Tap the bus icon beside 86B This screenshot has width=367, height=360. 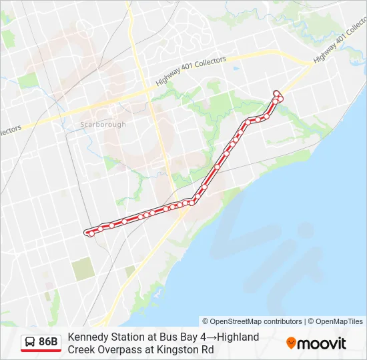(30, 342)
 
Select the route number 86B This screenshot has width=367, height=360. (49, 342)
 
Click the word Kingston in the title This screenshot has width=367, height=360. (179, 349)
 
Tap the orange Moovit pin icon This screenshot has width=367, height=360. (291, 343)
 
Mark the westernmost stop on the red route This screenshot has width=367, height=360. (87, 232)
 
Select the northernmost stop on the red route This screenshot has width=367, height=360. (276, 92)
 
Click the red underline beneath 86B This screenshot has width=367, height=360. (41, 351)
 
